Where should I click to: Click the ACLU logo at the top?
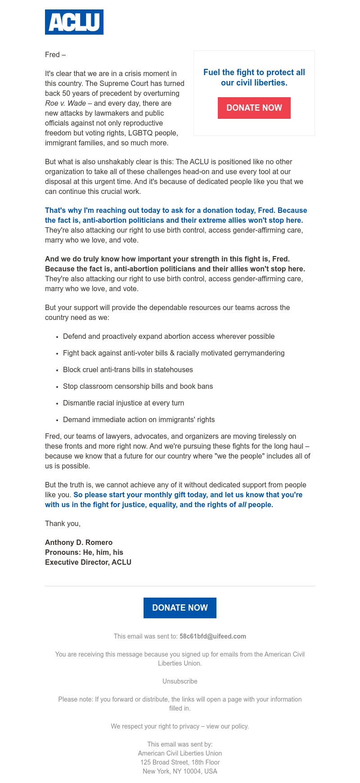tap(74, 22)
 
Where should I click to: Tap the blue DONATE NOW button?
tap(180, 608)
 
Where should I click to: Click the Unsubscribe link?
tap(180, 681)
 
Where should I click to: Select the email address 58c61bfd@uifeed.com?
tap(213, 636)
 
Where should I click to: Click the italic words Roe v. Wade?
tap(65, 103)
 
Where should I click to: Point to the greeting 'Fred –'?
tap(55, 55)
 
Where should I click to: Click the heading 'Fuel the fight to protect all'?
tap(254, 72)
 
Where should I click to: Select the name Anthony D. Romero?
tap(79, 543)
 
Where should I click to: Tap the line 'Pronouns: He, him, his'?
tap(84, 553)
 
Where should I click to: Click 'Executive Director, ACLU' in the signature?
tap(88, 562)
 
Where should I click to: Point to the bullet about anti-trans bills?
tap(128, 370)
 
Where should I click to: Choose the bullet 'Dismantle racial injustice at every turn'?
tap(123, 403)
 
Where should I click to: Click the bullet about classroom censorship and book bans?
tap(138, 387)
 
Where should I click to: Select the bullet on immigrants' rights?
tap(139, 420)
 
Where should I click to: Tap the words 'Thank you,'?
tap(63, 524)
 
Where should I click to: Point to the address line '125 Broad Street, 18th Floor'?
tap(180, 762)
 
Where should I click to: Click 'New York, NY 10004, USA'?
tap(180, 771)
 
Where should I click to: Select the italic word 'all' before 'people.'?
tap(242, 505)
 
